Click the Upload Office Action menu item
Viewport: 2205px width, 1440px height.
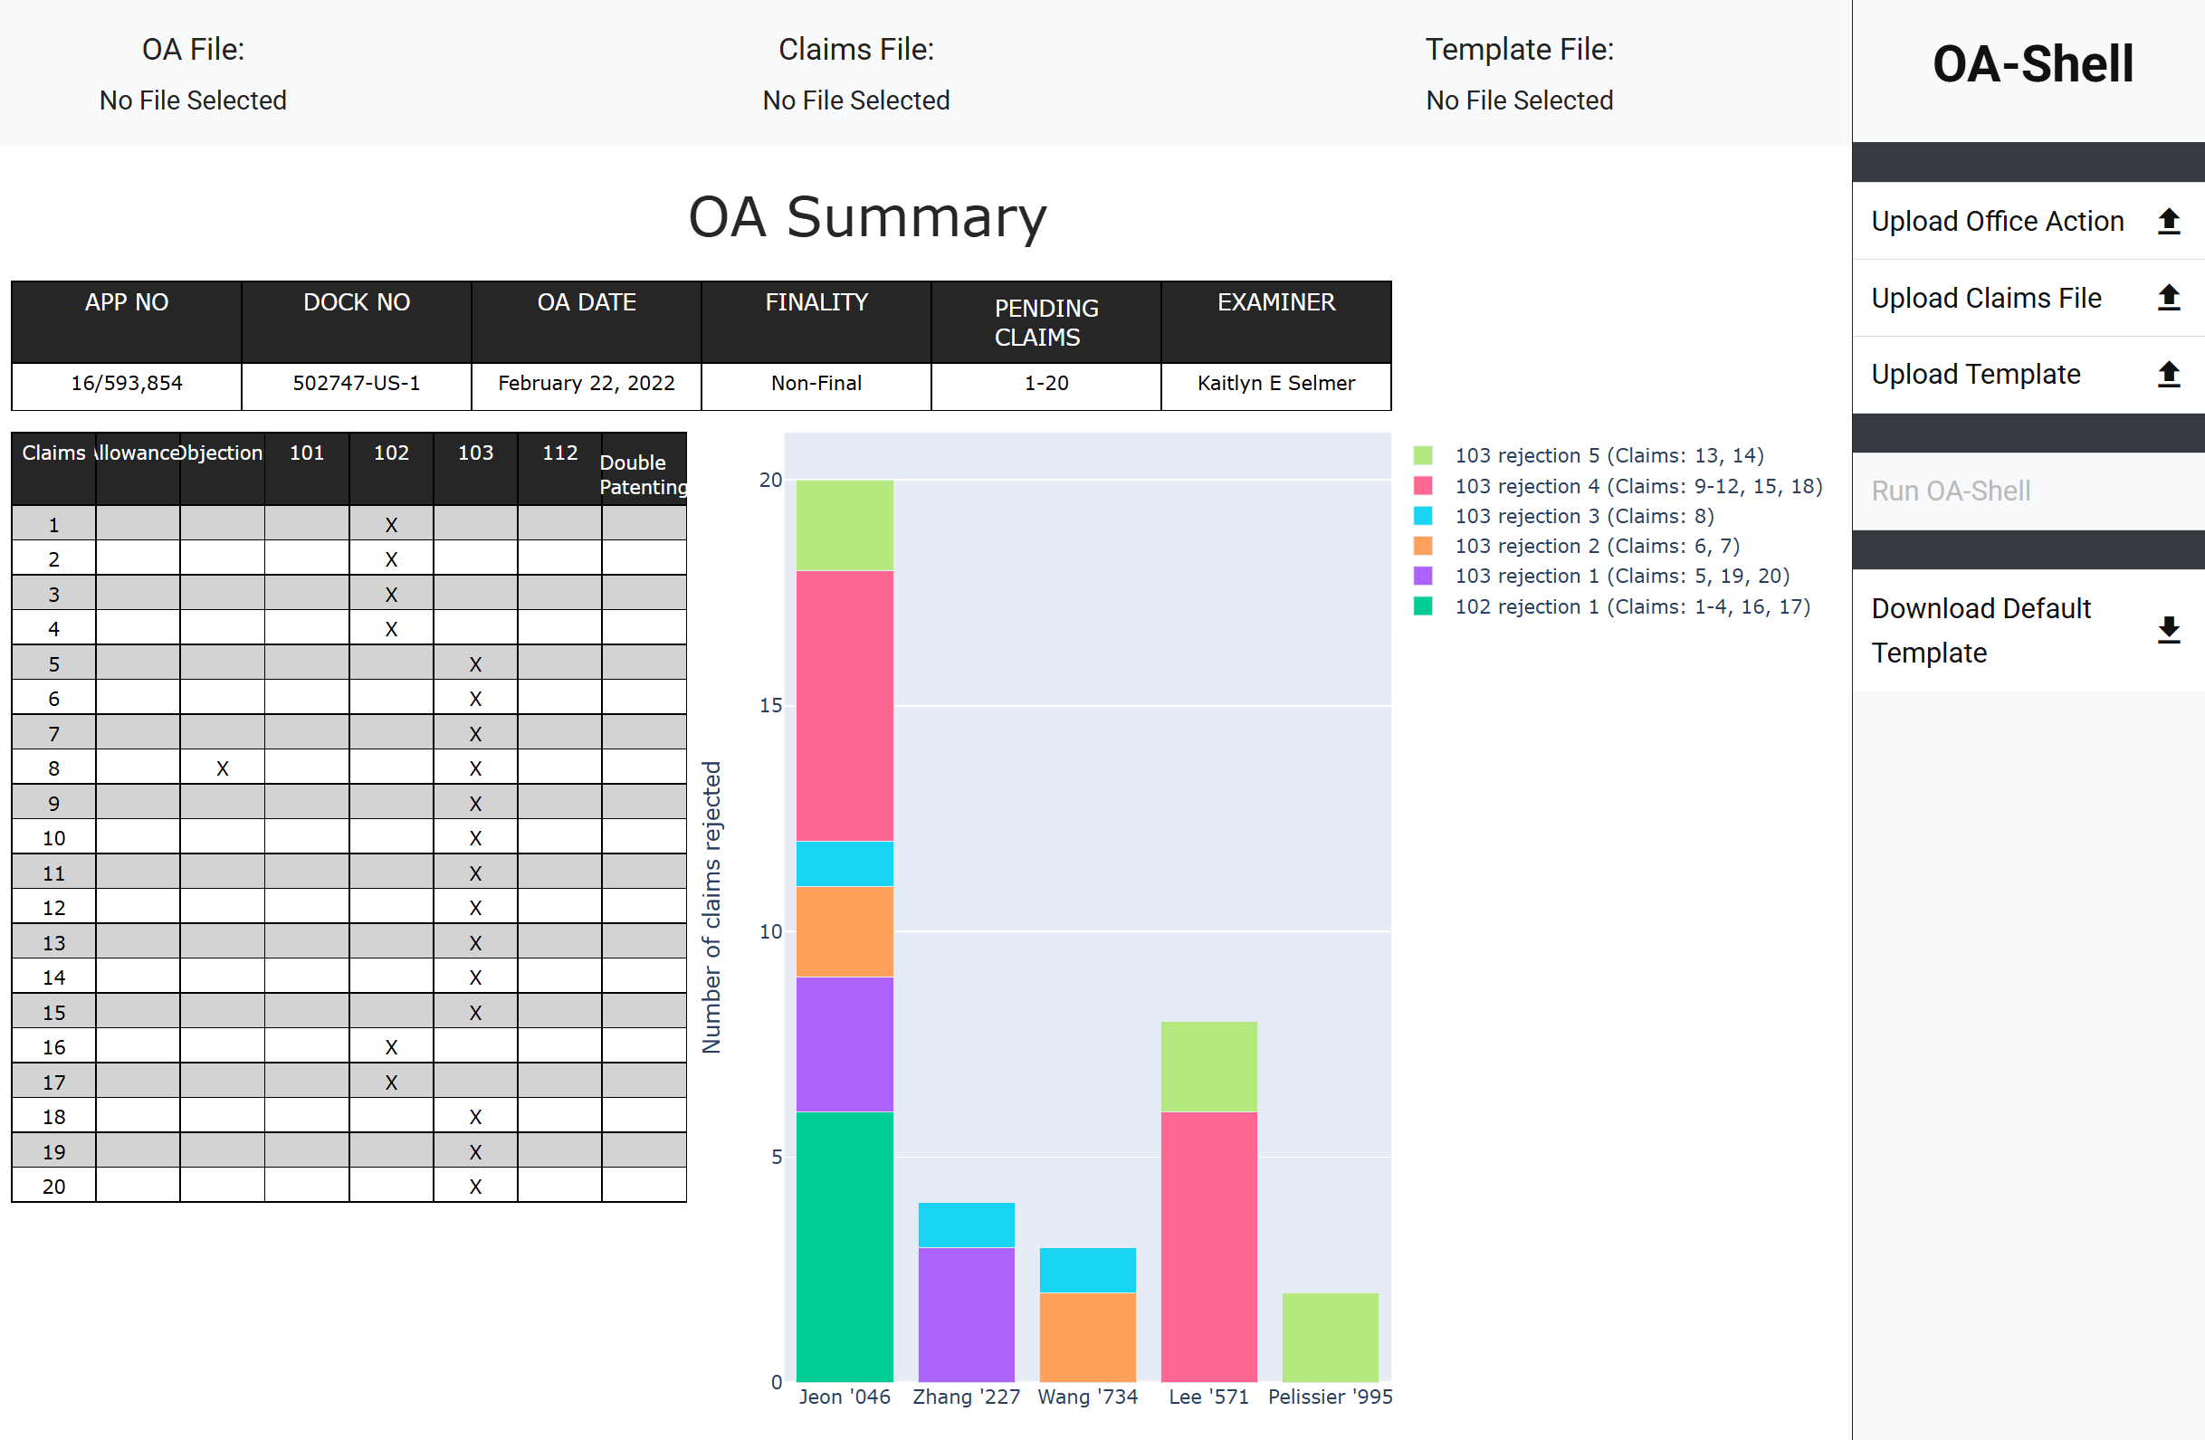click(1997, 222)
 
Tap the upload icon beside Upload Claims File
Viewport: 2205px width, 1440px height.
click(2168, 298)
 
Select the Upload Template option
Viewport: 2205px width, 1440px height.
click(1975, 375)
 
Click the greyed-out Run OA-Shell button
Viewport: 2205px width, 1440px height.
click(1951, 491)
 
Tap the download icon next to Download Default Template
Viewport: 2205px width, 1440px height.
click(2168, 630)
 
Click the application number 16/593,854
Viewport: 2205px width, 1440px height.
click(127, 383)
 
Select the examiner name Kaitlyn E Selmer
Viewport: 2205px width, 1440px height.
click(1274, 383)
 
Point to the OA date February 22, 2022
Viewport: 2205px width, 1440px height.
click(586, 383)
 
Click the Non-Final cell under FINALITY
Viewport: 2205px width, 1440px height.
click(816, 383)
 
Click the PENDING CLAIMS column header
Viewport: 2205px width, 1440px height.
click(1045, 321)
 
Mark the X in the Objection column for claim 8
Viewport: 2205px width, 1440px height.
click(223, 768)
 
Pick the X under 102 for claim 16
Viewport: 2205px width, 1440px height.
click(391, 1047)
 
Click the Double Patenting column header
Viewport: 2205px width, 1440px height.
click(643, 473)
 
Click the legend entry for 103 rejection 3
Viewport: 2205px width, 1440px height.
click(1583, 516)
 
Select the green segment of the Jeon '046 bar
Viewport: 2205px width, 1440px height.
click(844, 1246)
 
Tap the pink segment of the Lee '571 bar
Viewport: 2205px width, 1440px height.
click(1208, 1246)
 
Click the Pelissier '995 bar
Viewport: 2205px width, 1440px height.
click(1330, 1337)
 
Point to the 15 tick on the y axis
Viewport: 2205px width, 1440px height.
click(770, 706)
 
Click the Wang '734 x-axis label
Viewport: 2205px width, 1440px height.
click(1087, 1397)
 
